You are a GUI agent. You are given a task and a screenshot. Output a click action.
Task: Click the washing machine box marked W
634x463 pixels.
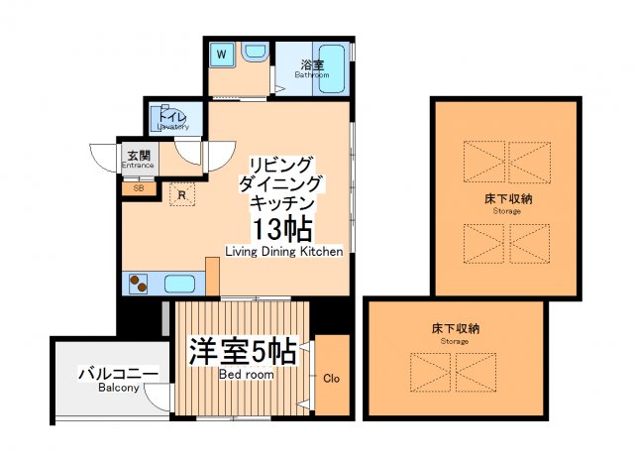point(222,55)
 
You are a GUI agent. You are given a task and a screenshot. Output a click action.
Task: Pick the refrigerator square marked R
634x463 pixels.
point(181,194)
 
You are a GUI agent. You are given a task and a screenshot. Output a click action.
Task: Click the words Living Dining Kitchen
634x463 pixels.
point(283,252)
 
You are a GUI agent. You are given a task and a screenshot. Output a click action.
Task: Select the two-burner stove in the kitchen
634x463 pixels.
point(137,283)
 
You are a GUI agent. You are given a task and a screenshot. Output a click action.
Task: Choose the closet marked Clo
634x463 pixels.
point(332,378)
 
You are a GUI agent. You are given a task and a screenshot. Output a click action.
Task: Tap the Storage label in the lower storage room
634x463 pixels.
point(455,341)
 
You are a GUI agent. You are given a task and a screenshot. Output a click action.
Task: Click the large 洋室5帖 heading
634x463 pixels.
point(243,351)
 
